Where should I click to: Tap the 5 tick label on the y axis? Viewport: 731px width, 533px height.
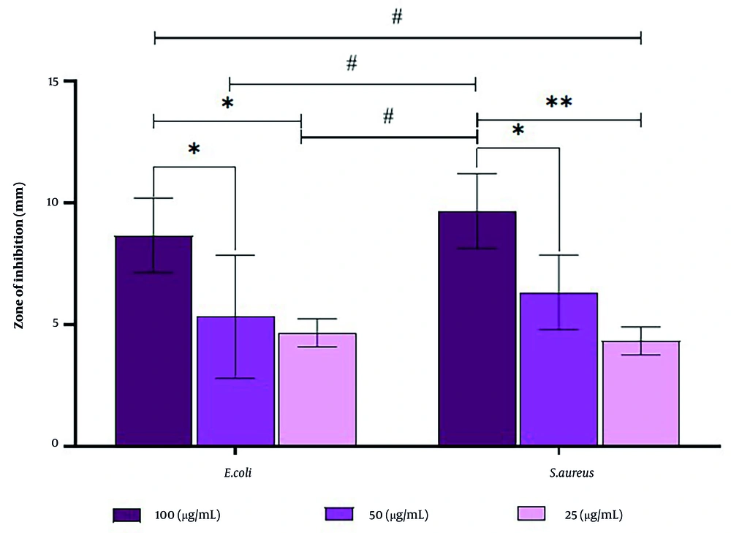[53, 324]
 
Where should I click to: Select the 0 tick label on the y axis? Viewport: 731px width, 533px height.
[53, 443]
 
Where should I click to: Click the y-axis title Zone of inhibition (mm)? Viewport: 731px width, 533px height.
[20, 262]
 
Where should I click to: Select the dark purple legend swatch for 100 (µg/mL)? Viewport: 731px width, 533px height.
[127, 515]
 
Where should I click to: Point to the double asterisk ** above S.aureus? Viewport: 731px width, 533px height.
[559, 102]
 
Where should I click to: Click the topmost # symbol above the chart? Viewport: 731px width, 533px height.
[397, 17]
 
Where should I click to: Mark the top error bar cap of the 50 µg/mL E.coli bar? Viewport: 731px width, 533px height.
[235, 255]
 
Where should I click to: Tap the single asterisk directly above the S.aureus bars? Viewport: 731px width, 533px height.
[518, 131]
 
